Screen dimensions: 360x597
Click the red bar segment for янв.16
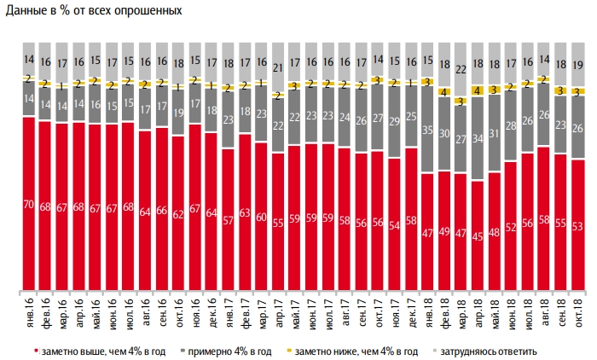[28, 205]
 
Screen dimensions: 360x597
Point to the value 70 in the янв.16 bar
[28, 205]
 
